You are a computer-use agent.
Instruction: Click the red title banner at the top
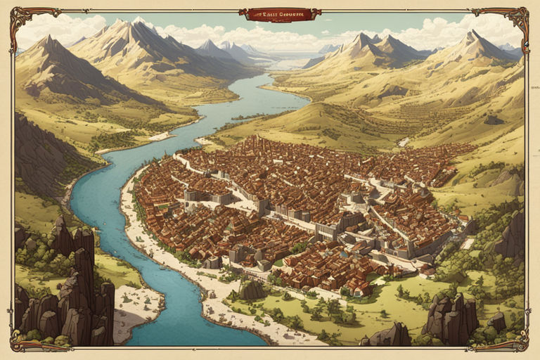(x=279, y=14)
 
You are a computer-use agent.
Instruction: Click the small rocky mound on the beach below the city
(x=251, y=289)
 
